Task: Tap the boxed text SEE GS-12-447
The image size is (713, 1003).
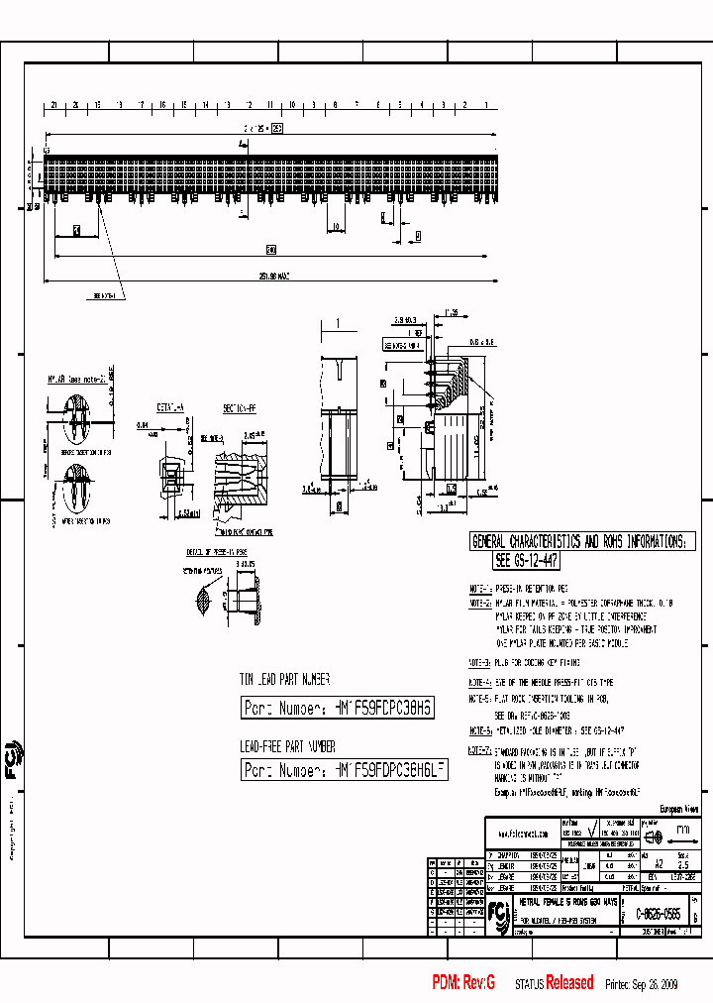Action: [526, 561]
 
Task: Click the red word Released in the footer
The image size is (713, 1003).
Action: [569, 982]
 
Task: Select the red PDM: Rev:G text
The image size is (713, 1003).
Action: [462, 982]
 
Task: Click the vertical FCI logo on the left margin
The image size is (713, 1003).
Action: [13, 755]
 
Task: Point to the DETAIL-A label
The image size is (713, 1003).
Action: [169, 407]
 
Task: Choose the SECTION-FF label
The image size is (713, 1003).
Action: [242, 407]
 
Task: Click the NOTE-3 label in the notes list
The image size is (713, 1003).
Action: [479, 662]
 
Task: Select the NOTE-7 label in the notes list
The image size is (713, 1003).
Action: [479, 751]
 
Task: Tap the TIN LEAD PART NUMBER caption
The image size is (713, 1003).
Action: [284, 680]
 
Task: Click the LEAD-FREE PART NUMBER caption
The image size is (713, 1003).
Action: [288, 746]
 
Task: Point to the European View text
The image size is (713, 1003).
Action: [678, 809]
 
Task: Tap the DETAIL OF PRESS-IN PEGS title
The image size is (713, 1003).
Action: [216, 551]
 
